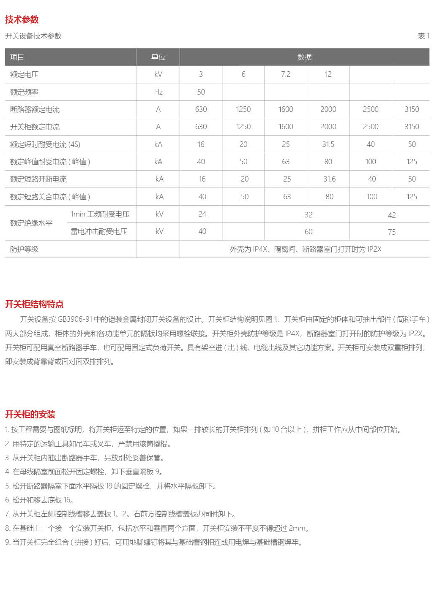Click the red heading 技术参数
(22, 19)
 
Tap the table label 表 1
(423, 36)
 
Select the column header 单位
(158, 57)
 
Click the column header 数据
(304, 57)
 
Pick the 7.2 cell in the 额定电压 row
(286, 74)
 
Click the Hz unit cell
(158, 92)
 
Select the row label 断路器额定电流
(35, 109)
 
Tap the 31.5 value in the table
(328, 144)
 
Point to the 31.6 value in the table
(329, 179)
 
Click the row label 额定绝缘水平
(31, 223)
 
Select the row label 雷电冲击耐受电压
(99, 231)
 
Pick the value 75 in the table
(392, 232)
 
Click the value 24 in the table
(202, 214)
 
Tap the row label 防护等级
(24, 249)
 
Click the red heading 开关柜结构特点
(34, 304)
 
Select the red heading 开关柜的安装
(30, 414)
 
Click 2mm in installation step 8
(298, 528)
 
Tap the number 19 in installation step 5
(109, 486)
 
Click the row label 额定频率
(24, 92)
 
